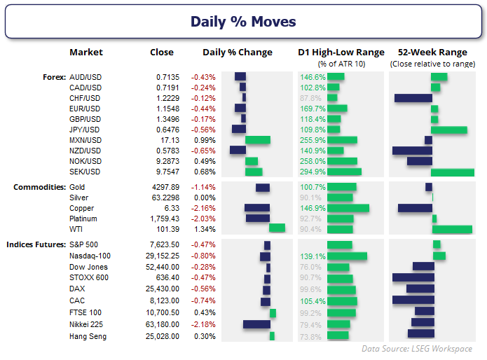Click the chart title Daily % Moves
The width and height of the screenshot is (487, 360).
coord(243,22)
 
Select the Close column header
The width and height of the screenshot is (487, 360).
coord(161,52)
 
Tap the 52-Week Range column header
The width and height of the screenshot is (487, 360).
coord(432,52)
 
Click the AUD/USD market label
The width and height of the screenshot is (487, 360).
coord(85,77)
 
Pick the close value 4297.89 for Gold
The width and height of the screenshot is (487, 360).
coord(165,187)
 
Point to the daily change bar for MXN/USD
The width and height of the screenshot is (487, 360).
coord(258,140)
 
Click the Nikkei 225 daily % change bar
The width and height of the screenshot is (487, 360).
coord(256,324)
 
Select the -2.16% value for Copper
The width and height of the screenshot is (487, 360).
coord(203,208)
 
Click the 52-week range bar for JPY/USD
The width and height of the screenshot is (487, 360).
coord(448,130)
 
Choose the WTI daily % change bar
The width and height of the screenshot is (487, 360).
coord(277,228)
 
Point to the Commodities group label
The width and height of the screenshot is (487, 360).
coord(39,187)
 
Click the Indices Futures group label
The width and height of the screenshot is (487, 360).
coord(36,244)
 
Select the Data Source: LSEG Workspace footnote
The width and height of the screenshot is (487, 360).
coord(417,349)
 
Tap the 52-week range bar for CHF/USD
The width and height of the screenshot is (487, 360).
coord(413,98)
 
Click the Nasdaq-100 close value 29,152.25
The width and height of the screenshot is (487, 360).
coord(163,256)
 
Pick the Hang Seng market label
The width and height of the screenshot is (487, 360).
coord(88,336)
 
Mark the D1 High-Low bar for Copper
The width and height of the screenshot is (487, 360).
coord(348,208)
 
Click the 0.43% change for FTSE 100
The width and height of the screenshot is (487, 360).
coord(205,312)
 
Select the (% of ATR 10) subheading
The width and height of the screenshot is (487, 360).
coord(341,64)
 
